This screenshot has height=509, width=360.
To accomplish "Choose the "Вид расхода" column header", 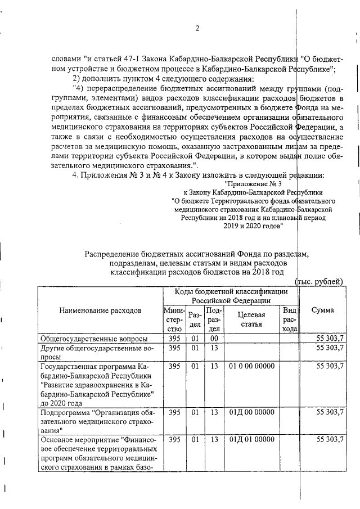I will (x=289, y=319).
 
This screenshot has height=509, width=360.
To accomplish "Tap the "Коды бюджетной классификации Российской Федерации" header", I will (x=231, y=296).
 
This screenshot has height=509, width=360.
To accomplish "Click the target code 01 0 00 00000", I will (x=251, y=366).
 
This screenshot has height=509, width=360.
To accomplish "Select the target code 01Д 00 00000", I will (x=251, y=412).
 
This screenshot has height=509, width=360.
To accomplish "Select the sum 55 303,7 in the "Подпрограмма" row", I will (x=330, y=412).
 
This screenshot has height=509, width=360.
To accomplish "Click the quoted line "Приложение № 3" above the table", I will (x=253, y=199).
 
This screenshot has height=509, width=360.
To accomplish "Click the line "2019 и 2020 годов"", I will (x=252, y=226).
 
